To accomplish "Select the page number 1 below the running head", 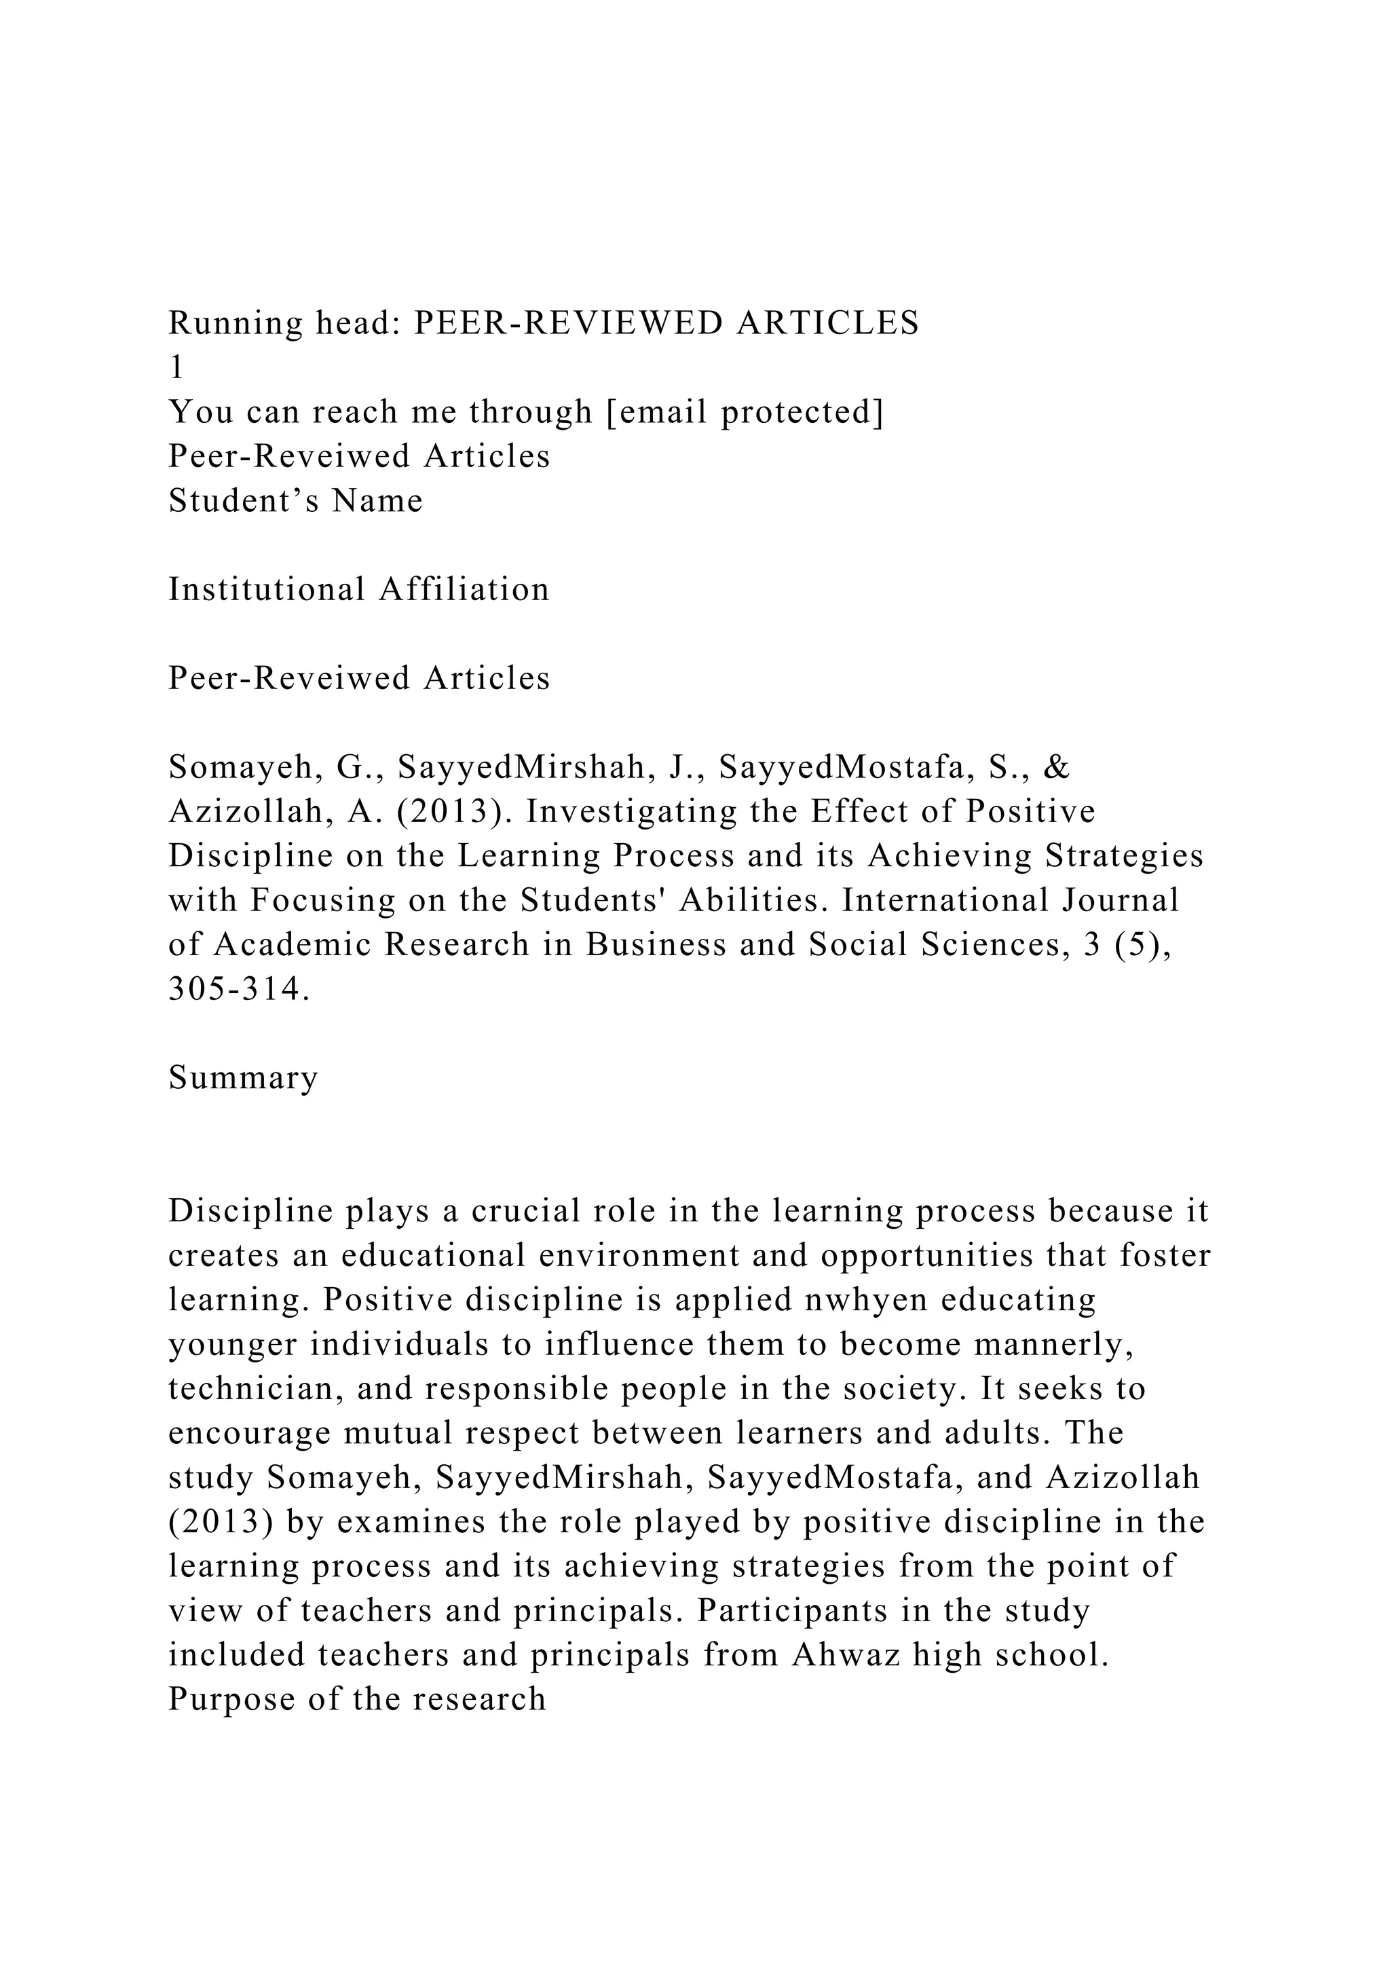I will point(176,367).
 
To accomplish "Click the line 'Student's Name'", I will point(295,501).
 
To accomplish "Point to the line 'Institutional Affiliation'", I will point(358,590).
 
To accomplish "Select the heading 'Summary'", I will point(243,1077).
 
